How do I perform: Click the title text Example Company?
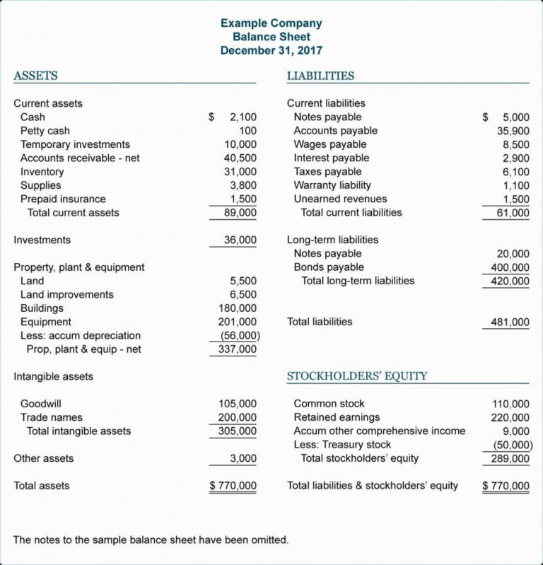pyautogui.click(x=271, y=23)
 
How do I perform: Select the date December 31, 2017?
pyautogui.click(x=271, y=50)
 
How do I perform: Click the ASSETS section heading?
pyautogui.click(x=35, y=76)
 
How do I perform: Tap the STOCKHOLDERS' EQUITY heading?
pyautogui.click(x=357, y=376)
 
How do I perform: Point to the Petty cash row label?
pyautogui.click(x=45, y=131)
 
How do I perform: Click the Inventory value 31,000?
pyautogui.click(x=240, y=172)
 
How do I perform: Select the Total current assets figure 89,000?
pyautogui.click(x=240, y=213)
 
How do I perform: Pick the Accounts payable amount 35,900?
pyautogui.click(x=513, y=131)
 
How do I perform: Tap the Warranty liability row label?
pyautogui.click(x=332, y=185)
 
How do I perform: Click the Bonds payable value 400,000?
pyautogui.click(x=510, y=267)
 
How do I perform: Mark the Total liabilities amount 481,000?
pyautogui.click(x=510, y=322)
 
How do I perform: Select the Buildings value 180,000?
pyautogui.click(x=238, y=308)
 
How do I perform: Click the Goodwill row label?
pyautogui.click(x=41, y=404)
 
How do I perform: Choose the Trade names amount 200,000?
pyautogui.click(x=238, y=417)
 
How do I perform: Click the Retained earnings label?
pyautogui.click(x=337, y=417)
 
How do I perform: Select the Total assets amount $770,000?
pyautogui.click(x=233, y=486)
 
